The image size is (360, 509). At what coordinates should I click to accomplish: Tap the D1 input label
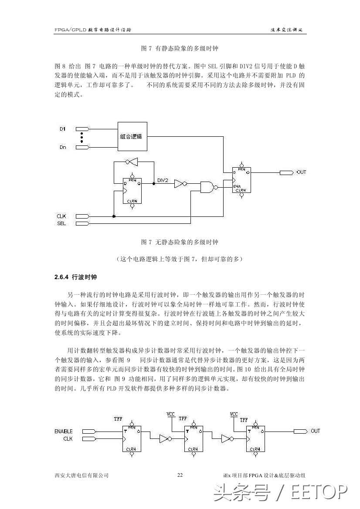click(62, 129)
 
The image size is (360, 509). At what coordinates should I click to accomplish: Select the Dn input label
click(63, 148)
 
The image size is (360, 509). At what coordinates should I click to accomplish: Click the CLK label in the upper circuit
click(61, 216)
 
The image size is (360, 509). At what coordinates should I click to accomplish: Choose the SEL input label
click(61, 223)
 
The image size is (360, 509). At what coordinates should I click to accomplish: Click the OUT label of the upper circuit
click(301, 172)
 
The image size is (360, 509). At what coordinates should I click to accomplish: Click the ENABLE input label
click(64, 431)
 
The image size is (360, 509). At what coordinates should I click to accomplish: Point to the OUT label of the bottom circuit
click(315, 431)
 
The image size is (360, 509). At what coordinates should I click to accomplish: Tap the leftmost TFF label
click(118, 419)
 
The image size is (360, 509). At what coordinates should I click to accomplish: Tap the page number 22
click(180, 475)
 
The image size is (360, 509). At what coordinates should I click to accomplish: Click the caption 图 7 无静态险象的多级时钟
click(180, 242)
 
